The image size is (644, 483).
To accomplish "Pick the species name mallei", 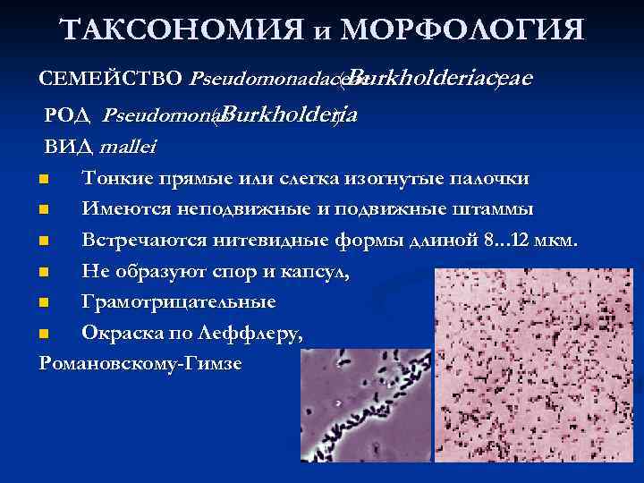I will click(125, 147).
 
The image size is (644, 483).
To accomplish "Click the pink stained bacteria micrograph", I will click(538, 376).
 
